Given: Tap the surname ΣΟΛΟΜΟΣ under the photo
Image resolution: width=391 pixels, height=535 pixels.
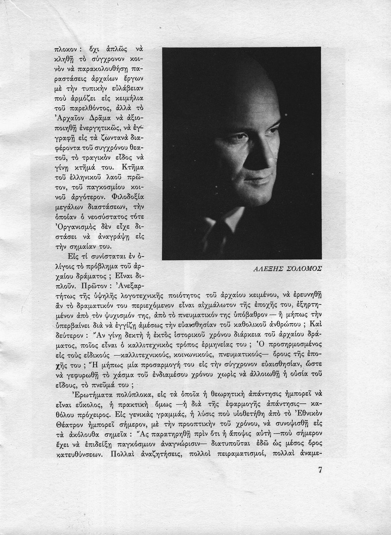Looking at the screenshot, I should [x=303, y=268].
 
